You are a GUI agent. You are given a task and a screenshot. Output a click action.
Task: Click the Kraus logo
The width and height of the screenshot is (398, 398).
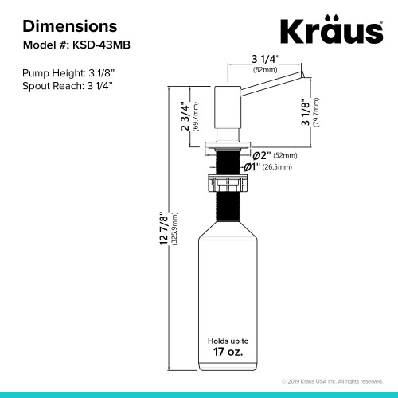[x=330, y=33]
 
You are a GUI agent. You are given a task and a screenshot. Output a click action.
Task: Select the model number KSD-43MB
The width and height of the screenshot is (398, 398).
[x=99, y=45]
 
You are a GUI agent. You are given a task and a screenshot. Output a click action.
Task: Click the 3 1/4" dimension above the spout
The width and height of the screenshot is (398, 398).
[x=264, y=59]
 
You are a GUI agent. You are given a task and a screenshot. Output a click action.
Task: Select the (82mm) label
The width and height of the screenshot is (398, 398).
[x=264, y=70]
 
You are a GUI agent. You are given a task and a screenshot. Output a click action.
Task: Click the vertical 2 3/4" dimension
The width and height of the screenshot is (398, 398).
[x=185, y=116]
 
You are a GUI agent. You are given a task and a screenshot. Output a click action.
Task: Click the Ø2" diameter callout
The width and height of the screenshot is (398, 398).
[x=263, y=154]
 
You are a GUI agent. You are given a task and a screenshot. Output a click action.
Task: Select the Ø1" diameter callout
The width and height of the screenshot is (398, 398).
[x=249, y=166]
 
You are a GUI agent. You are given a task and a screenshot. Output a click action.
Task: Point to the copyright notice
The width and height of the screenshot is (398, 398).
[x=333, y=382]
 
